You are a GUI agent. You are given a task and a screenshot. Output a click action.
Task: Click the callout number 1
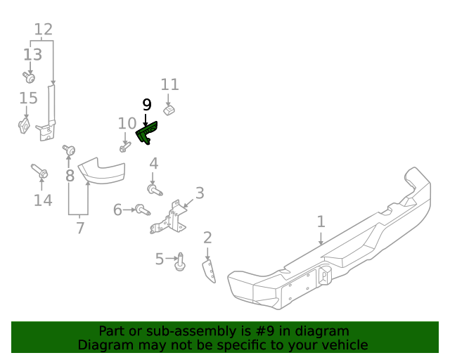[x=321, y=222]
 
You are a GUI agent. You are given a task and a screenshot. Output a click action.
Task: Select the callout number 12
[x=44, y=30]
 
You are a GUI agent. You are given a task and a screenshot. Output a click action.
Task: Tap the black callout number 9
[x=146, y=105]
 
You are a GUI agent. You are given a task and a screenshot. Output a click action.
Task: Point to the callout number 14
[x=43, y=201]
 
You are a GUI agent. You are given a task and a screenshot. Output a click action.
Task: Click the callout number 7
[x=80, y=228]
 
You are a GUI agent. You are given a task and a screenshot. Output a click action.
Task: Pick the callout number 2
[x=207, y=238]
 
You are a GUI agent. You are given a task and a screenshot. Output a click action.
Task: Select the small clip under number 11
[x=169, y=110]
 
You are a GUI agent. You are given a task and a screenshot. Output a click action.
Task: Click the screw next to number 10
[x=125, y=147]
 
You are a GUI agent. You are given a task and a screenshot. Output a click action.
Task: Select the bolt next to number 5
[x=180, y=261]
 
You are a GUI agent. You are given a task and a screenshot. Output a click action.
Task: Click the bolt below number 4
[x=154, y=188]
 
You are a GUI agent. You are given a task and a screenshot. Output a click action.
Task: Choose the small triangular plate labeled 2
[x=210, y=272]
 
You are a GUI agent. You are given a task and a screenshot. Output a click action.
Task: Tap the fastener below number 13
[x=28, y=76]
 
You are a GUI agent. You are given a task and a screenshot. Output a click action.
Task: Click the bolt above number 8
[x=70, y=150]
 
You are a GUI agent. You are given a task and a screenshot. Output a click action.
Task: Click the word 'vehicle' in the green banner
[x=344, y=345]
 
